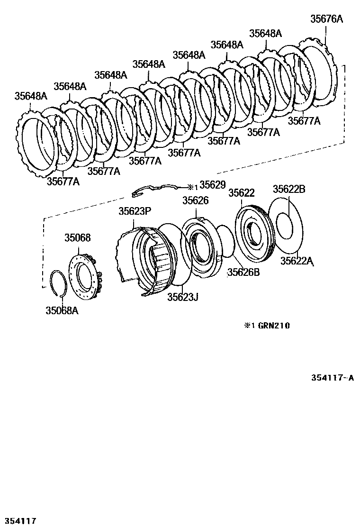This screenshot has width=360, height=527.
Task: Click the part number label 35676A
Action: tap(326, 19)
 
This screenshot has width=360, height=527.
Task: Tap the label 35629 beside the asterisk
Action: tap(212, 184)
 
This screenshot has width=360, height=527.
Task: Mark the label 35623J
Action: tap(182, 297)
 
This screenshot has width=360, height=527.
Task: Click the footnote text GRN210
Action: tap(274, 326)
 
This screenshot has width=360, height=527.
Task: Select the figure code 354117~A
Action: tap(332, 378)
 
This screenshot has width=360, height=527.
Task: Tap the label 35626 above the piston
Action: tap(196, 201)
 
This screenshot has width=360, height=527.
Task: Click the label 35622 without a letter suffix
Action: tap(242, 193)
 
